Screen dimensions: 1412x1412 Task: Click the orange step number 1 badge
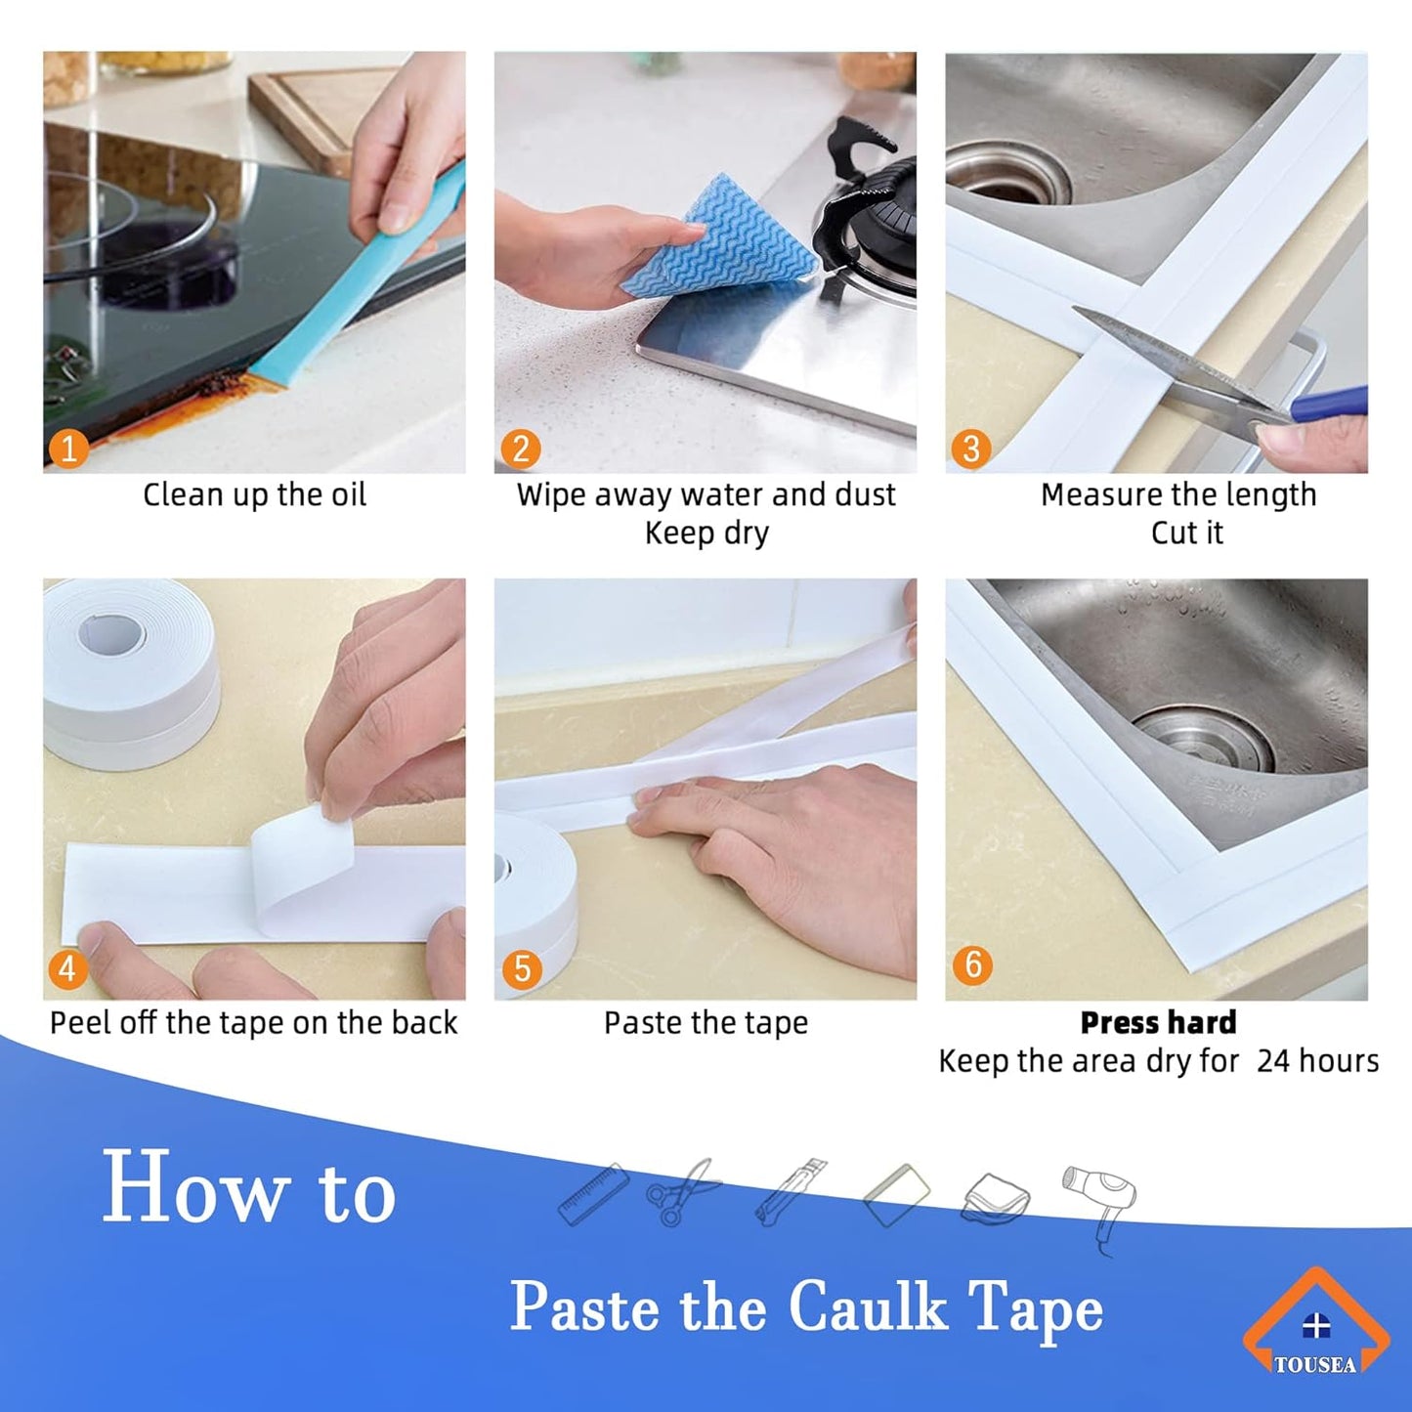click(x=68, y=449)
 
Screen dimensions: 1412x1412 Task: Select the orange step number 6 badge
click(x=972, y=964)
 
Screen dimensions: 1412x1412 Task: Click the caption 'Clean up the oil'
click(x=254, y=494)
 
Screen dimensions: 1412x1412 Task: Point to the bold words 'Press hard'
click(x=1158, y=1022)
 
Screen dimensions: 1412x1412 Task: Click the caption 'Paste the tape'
click(x=706, y=1023)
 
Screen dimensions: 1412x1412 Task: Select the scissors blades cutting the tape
click(x=1173, y=362)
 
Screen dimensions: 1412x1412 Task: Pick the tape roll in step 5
click(x=537, y=899)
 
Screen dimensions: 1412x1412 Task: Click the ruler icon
click(x=593, y=1194)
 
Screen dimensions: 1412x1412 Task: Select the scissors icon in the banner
click(x=682, y=1192)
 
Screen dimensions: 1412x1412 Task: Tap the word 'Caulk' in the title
click(x=868, y=1306)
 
